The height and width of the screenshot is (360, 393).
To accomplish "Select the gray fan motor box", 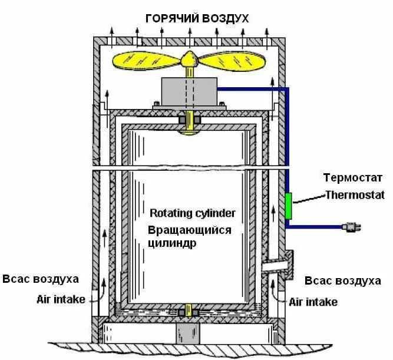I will pos(190,91).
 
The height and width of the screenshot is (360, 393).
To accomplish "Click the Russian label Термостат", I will pos(352,177).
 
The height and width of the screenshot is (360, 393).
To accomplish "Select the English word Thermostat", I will pos(355,194).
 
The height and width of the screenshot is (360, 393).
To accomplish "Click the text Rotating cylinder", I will pos(193,213).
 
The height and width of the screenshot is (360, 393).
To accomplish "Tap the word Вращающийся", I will pos(190,229).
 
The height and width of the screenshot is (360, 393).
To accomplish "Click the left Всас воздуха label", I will pos(40,279).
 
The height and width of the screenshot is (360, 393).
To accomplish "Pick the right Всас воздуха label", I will pos(344,280).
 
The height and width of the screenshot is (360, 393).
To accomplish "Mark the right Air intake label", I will pos(313,302).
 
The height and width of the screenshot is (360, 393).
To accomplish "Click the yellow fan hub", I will pos(190,58).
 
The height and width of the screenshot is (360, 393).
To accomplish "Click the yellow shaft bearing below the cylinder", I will pos(190,309).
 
